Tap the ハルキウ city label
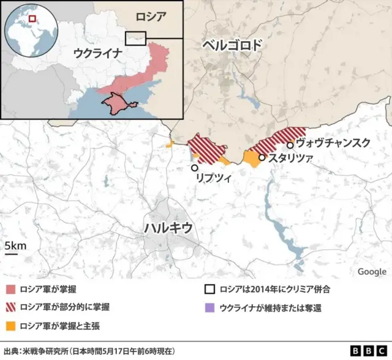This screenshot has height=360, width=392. tap(168, 227)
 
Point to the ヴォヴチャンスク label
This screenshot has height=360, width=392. tap(333, 143)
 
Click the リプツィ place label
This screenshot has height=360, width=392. tap(213, 178)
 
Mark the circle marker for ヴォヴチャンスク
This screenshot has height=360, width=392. tap(290, 145)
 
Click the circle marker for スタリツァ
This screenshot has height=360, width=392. tap(262, 157)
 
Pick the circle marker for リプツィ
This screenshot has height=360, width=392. tap(195, 167)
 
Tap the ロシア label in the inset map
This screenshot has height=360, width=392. tap(150, 17)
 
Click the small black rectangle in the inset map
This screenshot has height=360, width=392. tap(135, 38)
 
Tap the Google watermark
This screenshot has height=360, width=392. tap(372, 271)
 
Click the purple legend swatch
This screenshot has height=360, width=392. tap(209, 307)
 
